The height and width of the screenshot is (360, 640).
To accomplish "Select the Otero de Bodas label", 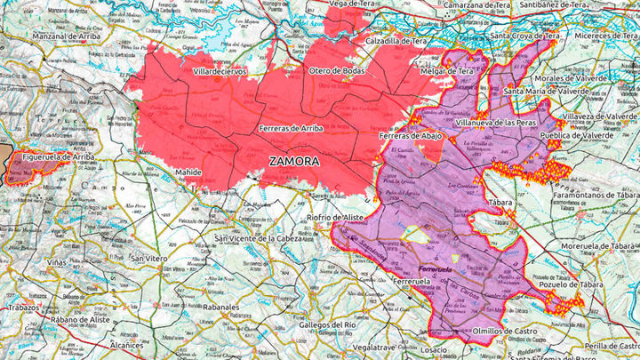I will [x=337, y=70].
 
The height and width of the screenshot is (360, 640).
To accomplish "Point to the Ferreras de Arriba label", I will [x=292, y=129].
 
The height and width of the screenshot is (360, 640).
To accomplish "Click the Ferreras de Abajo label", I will [x=411, y=135].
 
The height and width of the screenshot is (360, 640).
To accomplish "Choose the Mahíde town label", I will [x=188, y=172].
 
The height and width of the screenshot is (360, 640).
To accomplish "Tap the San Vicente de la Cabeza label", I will [x=251, y=239].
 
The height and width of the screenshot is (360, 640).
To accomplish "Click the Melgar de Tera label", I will [x=447, y=70].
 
